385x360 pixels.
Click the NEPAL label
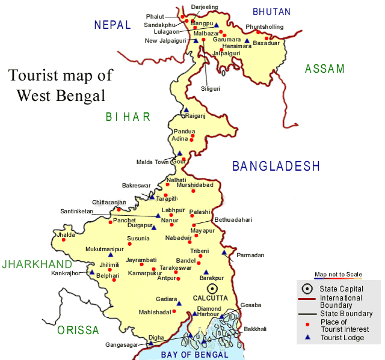tap(112, 25)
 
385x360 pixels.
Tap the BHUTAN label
tap(271, 11)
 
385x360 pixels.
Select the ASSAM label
tap(325, 69)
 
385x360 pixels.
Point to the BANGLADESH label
tap(276, 166)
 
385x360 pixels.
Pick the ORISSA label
tap(78, 330)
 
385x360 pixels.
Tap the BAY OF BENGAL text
tap(194, 355)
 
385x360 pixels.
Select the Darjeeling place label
tap(205, 7)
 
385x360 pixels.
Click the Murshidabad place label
tap(195, 185)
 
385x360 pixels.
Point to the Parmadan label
tap(250, 255)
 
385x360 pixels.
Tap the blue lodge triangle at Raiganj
tap(186, 110)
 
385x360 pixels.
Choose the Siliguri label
tap(211, 88)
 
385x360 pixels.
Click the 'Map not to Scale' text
tap(338, 275)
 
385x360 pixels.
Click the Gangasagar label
tap(120, 344)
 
